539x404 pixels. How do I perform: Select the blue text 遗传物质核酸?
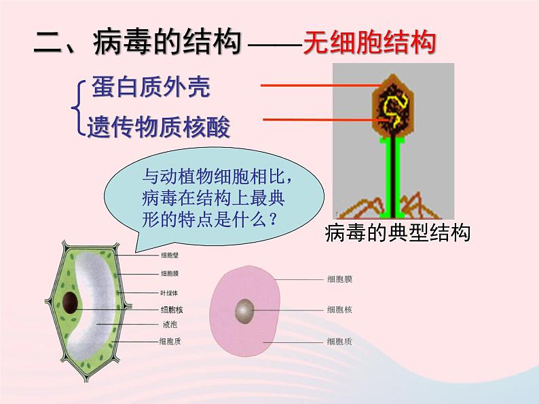158,126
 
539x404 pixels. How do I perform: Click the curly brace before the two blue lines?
79,106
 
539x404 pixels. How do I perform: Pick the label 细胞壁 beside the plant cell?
170,255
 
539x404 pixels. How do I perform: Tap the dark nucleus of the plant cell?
69,303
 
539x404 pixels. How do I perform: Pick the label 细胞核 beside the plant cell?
170,309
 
